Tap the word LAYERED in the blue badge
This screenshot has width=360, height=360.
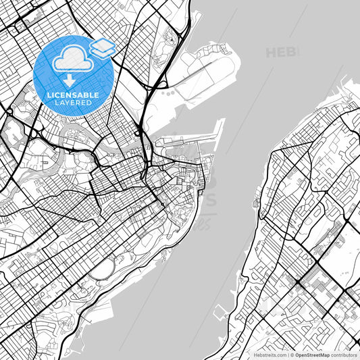[x=73, y=104]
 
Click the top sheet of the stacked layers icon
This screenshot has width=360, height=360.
[x=103, y=44]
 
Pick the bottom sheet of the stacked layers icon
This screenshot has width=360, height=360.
[x=103, y=52]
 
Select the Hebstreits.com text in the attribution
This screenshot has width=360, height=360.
[x=269, y=354]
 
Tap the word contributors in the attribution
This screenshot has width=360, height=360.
[x=343, y=354]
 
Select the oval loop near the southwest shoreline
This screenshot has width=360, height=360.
[x=103, y=271]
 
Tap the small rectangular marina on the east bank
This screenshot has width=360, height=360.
[x=220, y=313]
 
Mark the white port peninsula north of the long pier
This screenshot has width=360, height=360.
[x=209, y=68]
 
